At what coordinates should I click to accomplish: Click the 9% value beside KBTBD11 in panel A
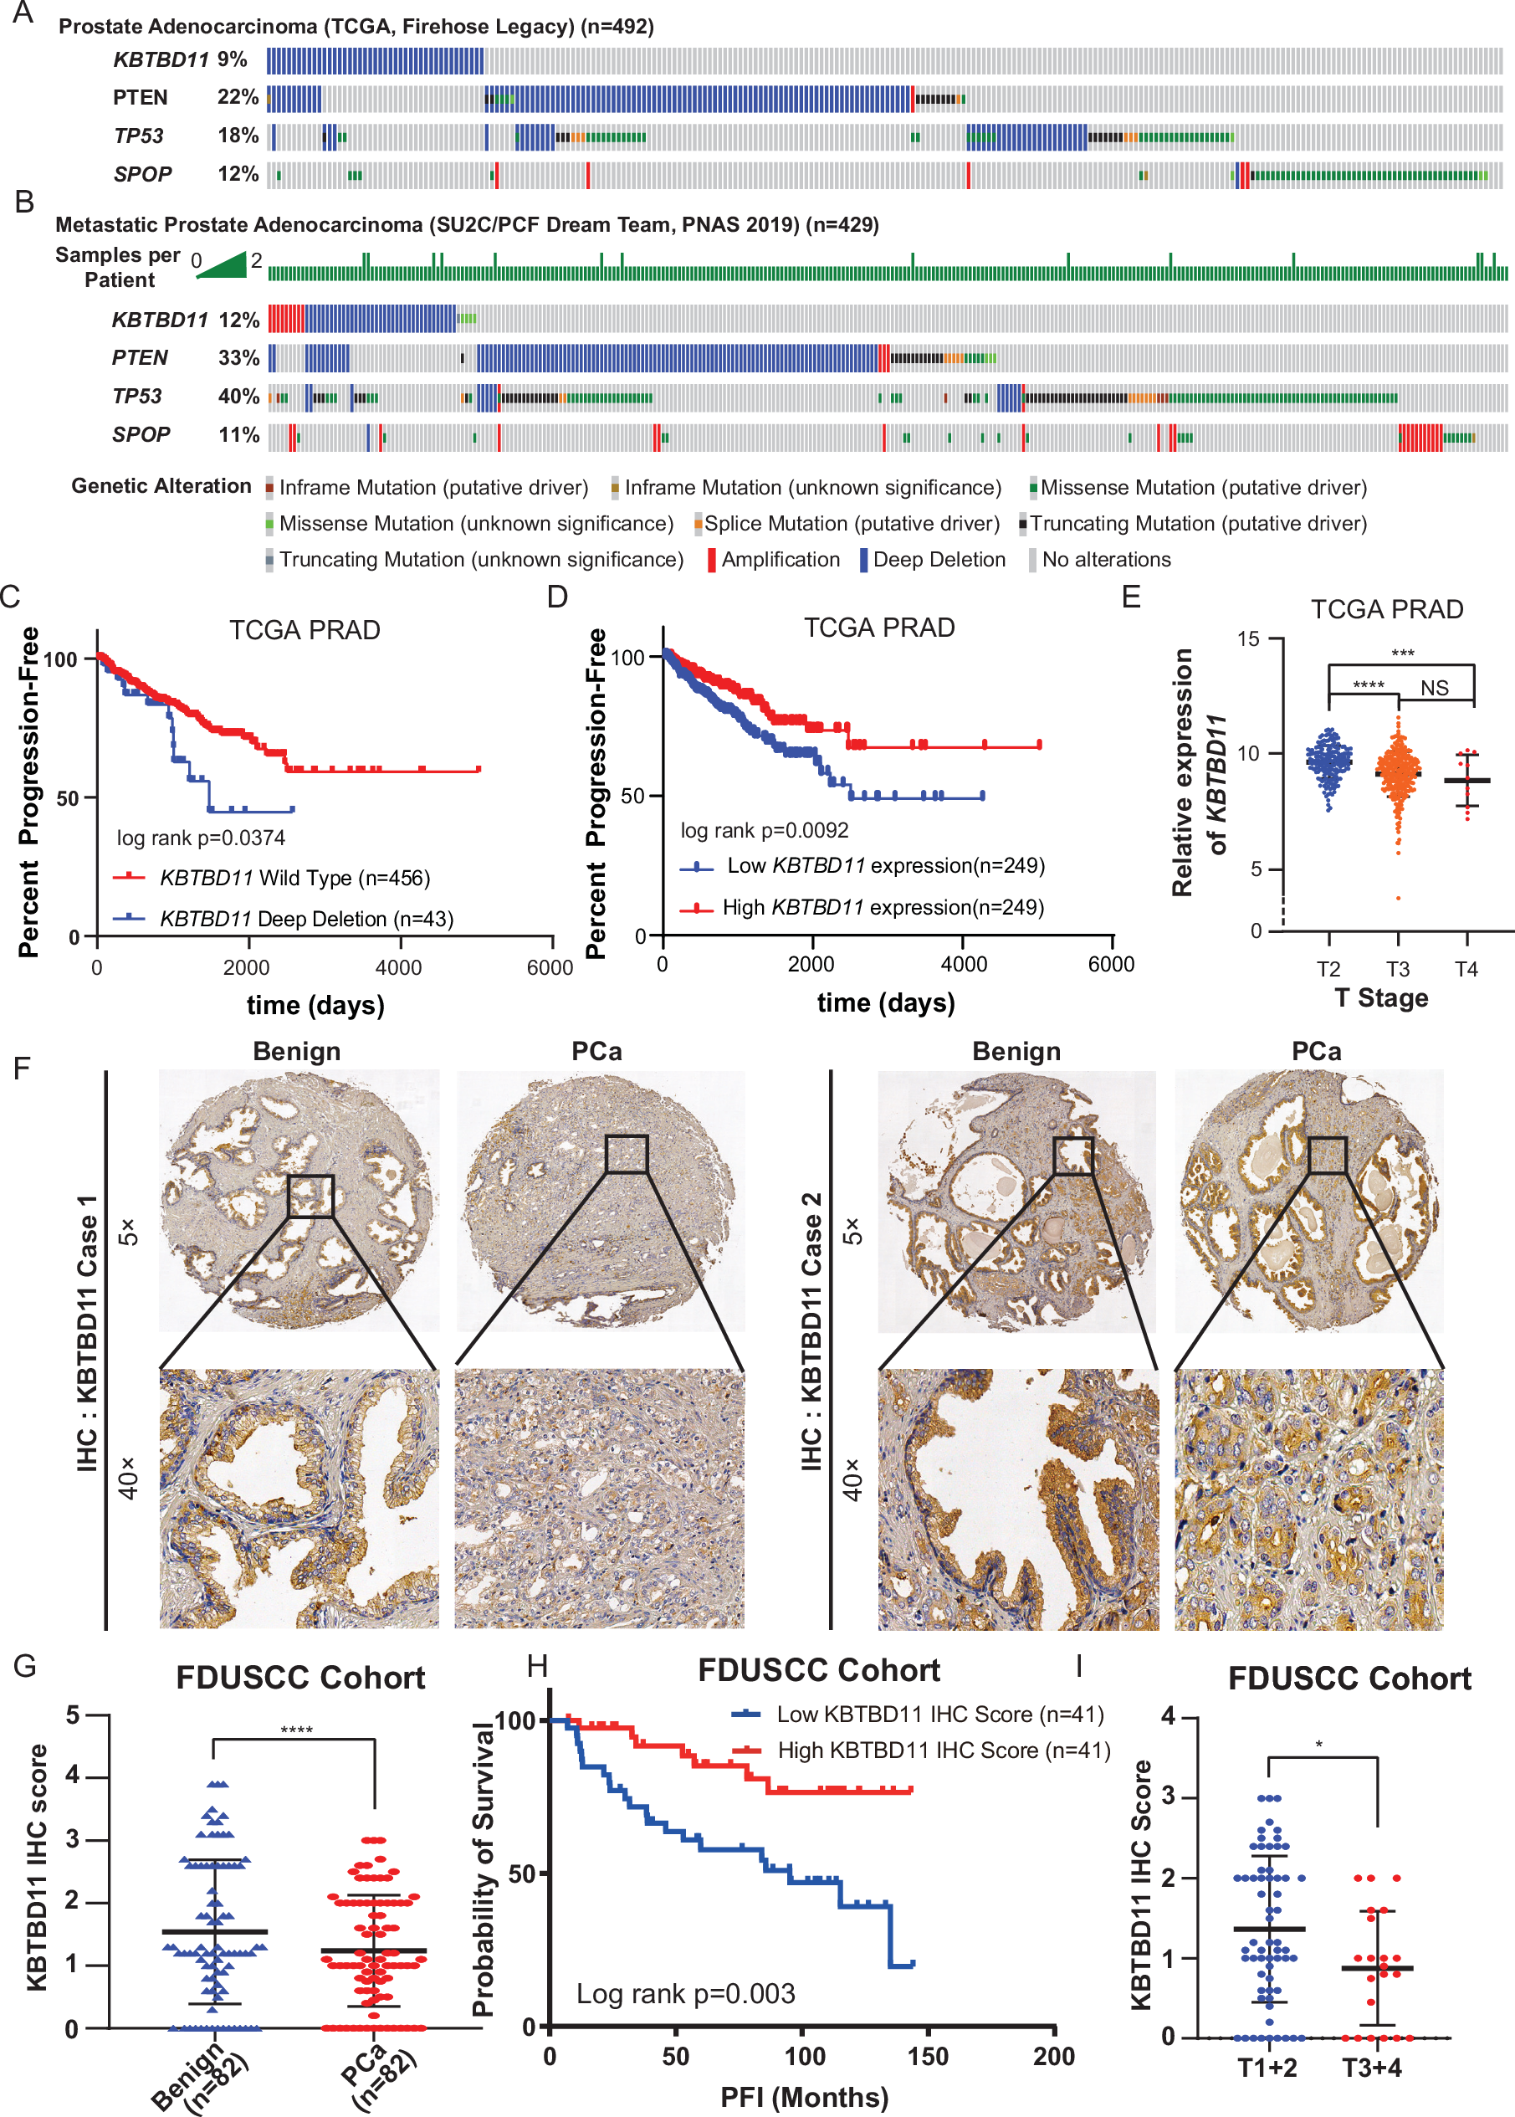(x=232, y=59)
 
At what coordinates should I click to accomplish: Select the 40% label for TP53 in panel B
(x=238, y=397)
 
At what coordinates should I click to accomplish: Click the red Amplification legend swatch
(x=712, y=560)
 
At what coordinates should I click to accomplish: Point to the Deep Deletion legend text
(x=939, y=560)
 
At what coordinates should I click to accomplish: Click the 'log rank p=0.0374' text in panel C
(x=201, y=838)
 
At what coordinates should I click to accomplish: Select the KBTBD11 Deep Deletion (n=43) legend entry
(x=306, y=919)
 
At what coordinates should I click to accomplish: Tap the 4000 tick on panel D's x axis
(x=963, y=965)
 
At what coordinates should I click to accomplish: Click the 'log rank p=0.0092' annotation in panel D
(x=764, y=830)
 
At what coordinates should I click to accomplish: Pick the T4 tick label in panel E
(x=1466, y=970)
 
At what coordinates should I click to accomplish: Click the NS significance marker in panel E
(x=1434, y=689)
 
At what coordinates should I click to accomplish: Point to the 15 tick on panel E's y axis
(x=1247, y=639)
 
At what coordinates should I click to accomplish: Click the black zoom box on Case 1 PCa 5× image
(x=626, y=1154)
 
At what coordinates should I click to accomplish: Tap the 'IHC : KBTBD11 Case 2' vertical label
(x=811, y=1331)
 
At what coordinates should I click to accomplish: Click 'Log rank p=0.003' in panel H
(x=685, y=1994)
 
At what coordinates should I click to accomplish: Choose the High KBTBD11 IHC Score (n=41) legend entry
(x=943, y=1750)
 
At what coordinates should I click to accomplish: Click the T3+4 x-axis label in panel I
(x=1371, y=2068)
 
